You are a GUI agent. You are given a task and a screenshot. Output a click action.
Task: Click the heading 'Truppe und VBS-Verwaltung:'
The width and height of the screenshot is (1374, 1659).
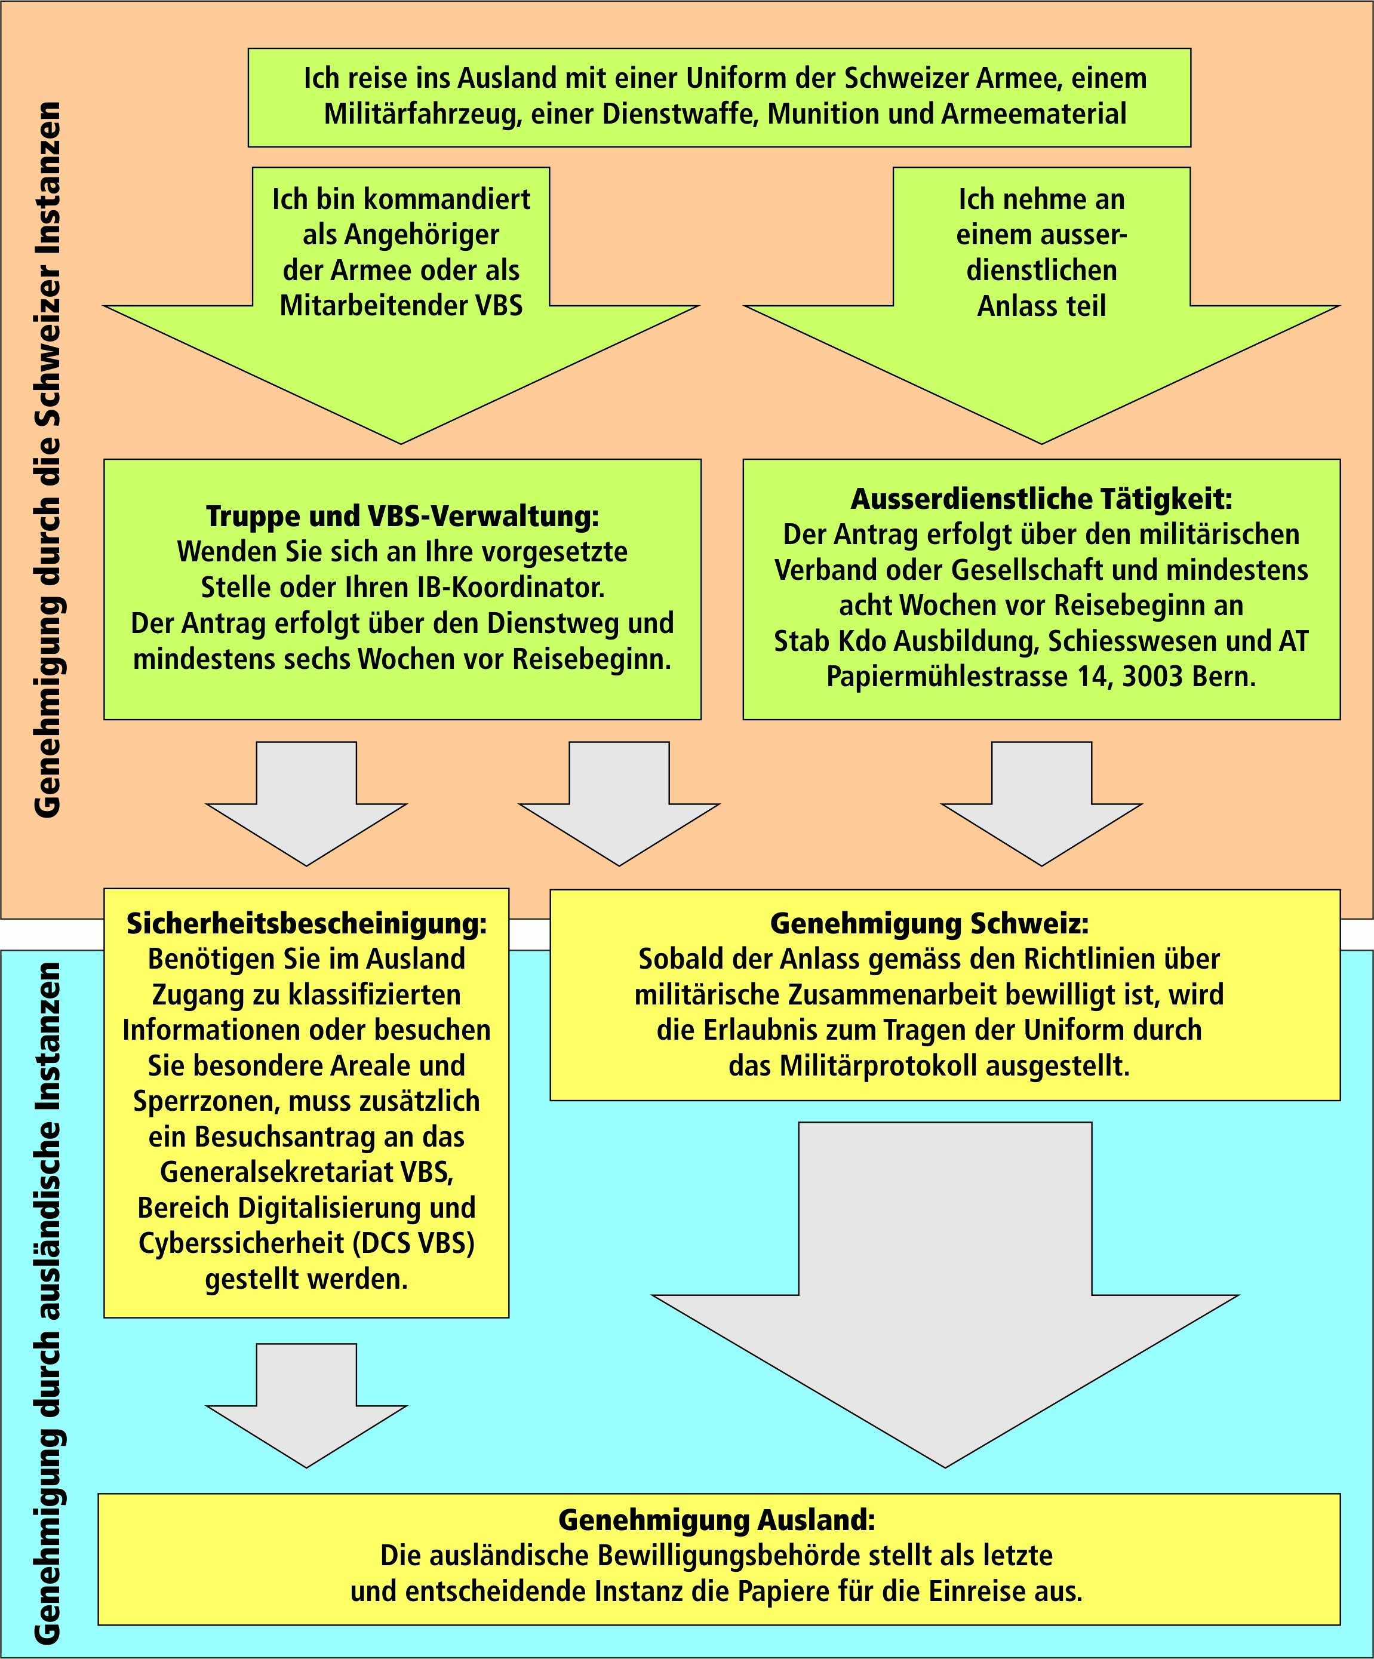pos(402,516)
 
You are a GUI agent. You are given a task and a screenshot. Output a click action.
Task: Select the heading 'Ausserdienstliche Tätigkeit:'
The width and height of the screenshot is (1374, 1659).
pos(1041,499)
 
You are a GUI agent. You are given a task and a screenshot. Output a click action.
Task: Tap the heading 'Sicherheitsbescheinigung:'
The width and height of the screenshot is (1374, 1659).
pos(306,923)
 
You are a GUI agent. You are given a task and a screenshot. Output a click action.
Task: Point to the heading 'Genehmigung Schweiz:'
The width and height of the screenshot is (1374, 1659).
pos(929,923)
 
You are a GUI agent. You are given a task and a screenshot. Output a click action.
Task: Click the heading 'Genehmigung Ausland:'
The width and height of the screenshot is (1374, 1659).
pos(717,1520)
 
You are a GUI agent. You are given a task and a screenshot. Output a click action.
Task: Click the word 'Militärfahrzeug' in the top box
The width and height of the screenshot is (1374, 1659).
pos(422,113)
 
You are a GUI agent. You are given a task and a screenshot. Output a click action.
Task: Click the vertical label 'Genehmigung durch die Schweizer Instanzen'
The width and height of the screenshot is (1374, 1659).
pos(49,458)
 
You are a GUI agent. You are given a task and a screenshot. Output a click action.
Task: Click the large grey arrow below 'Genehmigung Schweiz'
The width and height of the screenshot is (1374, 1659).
pos(945,1295)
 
